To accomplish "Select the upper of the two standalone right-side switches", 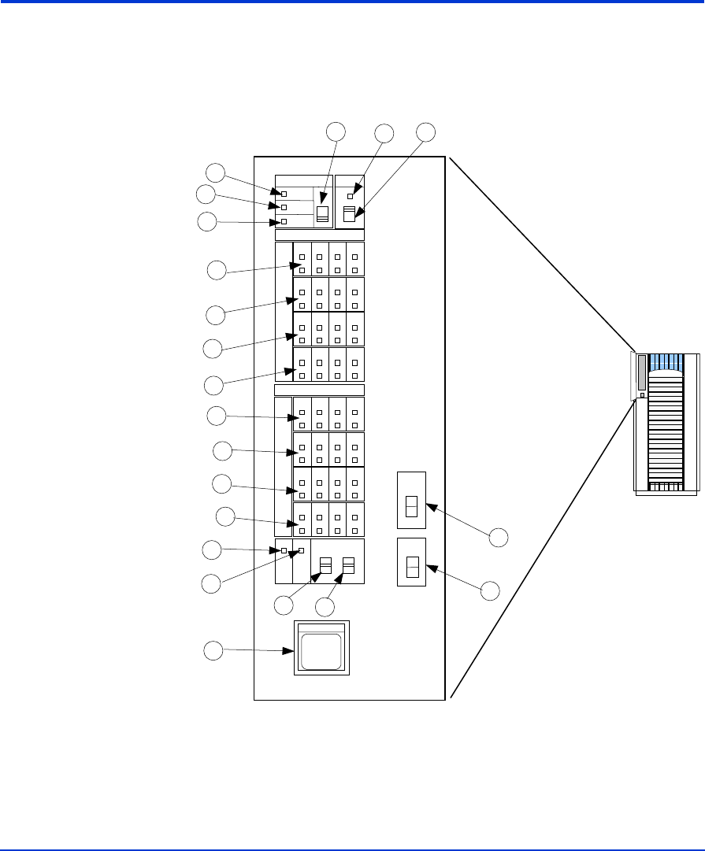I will (411, 505).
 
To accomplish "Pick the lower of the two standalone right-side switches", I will (411, 567).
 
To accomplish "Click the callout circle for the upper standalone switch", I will (499, 538).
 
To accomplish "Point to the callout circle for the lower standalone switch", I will (490, 591).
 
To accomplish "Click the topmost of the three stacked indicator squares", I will (284, 194).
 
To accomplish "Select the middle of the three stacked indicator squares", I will (284, 208).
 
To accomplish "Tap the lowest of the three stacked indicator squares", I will (284, 222).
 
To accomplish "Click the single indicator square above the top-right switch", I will (351, 195).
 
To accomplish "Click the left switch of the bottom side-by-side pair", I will (325, 566).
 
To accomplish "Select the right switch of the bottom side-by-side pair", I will (349, 566).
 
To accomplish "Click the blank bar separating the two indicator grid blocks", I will (319, 390).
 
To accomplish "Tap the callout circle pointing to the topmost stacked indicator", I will (215, 172).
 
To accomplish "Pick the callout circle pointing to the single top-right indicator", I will (384, 134).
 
